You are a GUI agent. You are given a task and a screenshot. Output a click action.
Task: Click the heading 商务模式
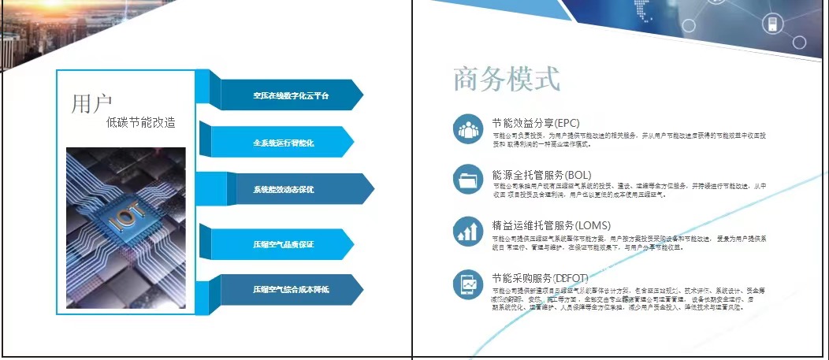[507, 80]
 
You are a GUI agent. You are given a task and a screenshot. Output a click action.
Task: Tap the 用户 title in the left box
[92, 103]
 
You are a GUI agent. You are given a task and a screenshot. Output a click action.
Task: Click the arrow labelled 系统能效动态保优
[284, 190]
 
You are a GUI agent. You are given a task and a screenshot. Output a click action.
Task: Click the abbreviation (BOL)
[578, 175]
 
